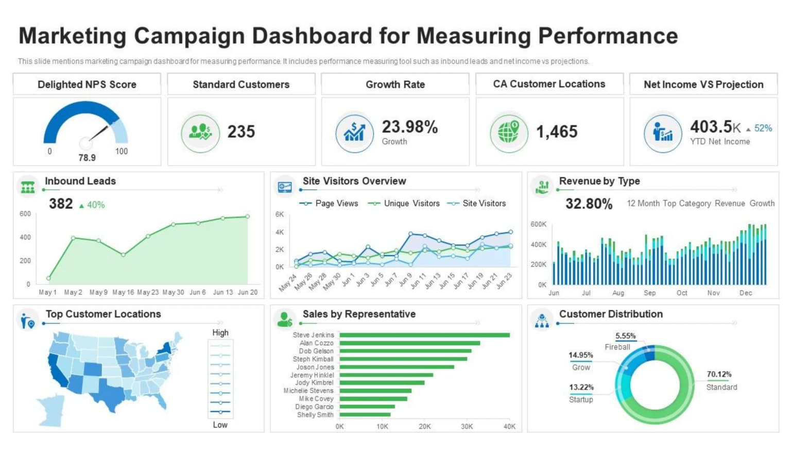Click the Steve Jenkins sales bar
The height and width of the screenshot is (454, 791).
pyautogui.click(x=424, y=335)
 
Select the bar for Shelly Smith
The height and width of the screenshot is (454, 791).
pyautogui.click(x=365, y=414)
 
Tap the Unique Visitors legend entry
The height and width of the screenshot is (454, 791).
pyautogui.click(x=411, y=204)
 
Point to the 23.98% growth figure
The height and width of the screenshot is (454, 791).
pyautogui.click(x=409, y=127)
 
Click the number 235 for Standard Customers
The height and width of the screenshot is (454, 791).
pyautogui.click(x=241, y=132)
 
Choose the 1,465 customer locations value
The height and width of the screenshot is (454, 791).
pyautogui.click(x=557, y=132)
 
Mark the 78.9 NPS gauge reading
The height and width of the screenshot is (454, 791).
pyautogui.click(x=87, y=158)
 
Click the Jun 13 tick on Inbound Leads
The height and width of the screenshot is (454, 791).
pyautogui.click(x=223, y=292)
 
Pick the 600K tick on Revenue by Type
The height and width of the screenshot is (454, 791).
pyautogui.click(x=538, y=224)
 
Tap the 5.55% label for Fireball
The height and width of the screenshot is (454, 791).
pyautogui.click(x=625, y=336)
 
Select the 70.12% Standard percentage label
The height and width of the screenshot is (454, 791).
pyautogui.click(x=719, y=374)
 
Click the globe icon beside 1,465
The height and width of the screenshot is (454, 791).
pyautogui.click(x=508, y=132)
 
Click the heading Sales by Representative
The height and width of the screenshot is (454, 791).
pyautogui.click(x=359, y=314)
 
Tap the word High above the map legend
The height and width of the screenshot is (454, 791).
pyautogui.click(x=220, y=333)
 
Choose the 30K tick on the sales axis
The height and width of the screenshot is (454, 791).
pyautogui.click(x=467, y=426)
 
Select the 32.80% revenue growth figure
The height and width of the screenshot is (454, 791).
pyautogui.click(x=589, y=204)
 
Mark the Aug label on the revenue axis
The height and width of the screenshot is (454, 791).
pyautogui.click(x=618, y=293)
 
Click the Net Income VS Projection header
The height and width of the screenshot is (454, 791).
pyautogui.click(x=703, y=85)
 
